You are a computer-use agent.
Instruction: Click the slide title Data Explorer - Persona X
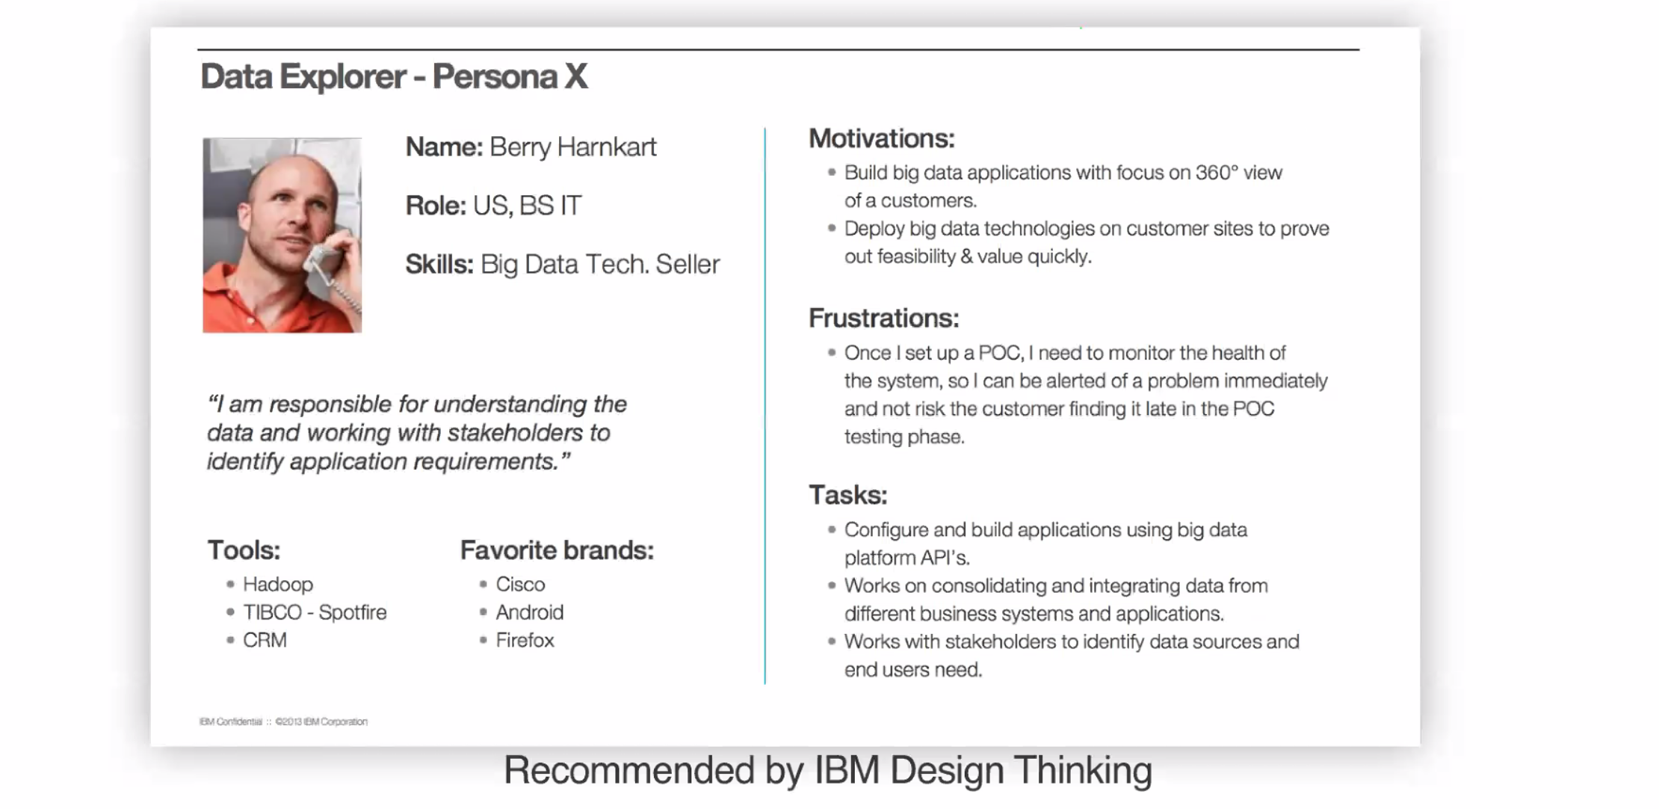394,76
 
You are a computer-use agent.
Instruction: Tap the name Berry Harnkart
573,147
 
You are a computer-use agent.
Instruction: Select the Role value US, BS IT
527,206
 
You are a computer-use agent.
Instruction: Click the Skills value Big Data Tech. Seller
600,265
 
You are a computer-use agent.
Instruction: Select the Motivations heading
882,138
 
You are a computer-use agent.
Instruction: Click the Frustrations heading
884,319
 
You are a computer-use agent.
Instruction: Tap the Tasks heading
848,495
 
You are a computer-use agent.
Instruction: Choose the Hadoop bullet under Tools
278,584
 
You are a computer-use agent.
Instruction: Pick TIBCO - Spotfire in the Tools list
315,612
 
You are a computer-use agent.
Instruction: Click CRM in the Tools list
265,640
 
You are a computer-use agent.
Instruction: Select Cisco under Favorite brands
520,584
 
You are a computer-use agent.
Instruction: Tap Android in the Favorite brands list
529,612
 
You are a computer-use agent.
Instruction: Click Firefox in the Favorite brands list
525,640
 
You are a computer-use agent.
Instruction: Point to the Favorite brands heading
557,550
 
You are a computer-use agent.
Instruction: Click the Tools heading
244,550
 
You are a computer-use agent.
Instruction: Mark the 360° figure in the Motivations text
1217,173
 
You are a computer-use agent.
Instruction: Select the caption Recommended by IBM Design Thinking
828,770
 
